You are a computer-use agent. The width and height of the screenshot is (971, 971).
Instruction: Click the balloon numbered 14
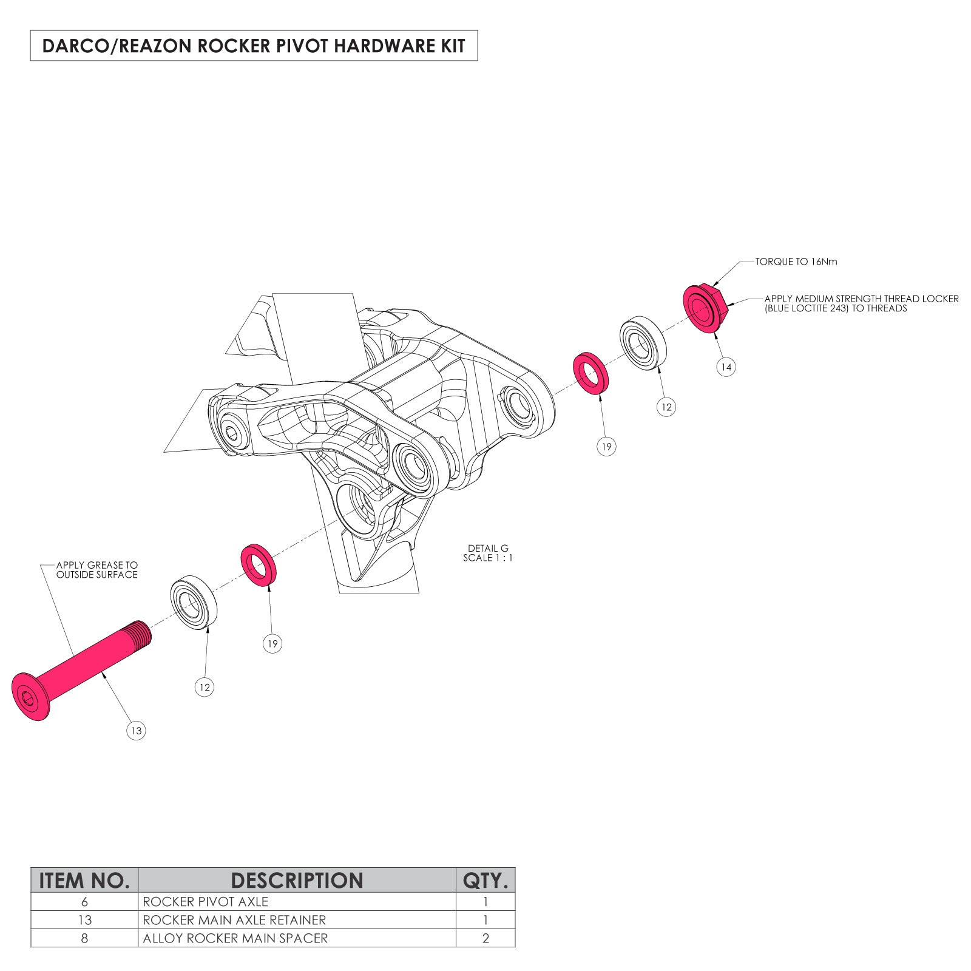(x=726, y=367)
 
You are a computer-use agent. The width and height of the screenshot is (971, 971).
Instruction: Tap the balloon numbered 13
(x=137, y=730)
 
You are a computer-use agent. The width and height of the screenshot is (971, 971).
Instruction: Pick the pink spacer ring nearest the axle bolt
(x=259, y=566)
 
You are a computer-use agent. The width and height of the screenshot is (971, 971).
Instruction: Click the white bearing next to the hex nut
(x=643, y=343)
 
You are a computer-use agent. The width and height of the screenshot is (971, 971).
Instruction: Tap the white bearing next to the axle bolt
(x=194, y=603)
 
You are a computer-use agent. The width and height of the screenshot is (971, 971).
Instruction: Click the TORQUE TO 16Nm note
(x=796, y=262)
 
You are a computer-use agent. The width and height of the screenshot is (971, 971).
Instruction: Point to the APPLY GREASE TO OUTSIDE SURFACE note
(x=97, y=570)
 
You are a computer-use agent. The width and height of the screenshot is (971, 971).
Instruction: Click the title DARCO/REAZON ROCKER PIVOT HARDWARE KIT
(x=254, y=46)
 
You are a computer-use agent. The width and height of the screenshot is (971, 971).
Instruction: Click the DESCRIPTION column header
(x=297, y=880)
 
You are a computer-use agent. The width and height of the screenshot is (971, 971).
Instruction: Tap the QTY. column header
(x=486, y=880)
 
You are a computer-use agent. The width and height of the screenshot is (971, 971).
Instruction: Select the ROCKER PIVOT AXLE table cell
(x=205, y=902)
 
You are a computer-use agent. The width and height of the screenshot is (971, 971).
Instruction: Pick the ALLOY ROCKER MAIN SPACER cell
(x=235, y=938)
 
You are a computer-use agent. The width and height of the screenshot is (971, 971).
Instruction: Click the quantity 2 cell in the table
(x=486, y=938)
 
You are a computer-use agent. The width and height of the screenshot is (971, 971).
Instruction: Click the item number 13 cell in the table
(x=84, y=920)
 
